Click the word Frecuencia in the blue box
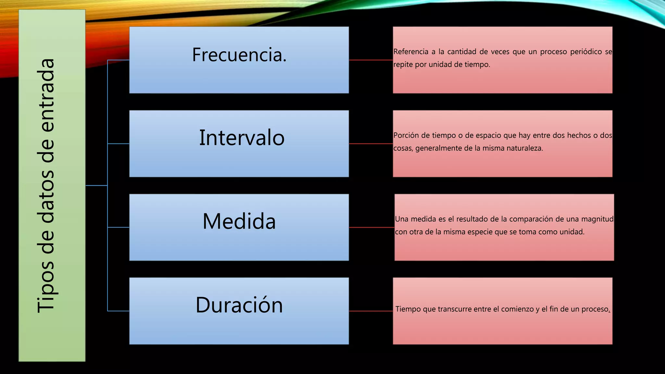click(x=237, y=55)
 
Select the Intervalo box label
click(x=242, y=138)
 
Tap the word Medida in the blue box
click(x=239, y=221)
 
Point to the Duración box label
click(x=239, y=305)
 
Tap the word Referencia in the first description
click(x=411, y=52)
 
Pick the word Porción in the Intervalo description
click(x=406, y=135)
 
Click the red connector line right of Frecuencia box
click(x=371, y=60)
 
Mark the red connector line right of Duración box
click(x=371, y=311)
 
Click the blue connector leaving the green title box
click(x=96, y=185)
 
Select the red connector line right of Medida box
click(x=371, y=227)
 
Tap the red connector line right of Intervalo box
click(x=371, y=143)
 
